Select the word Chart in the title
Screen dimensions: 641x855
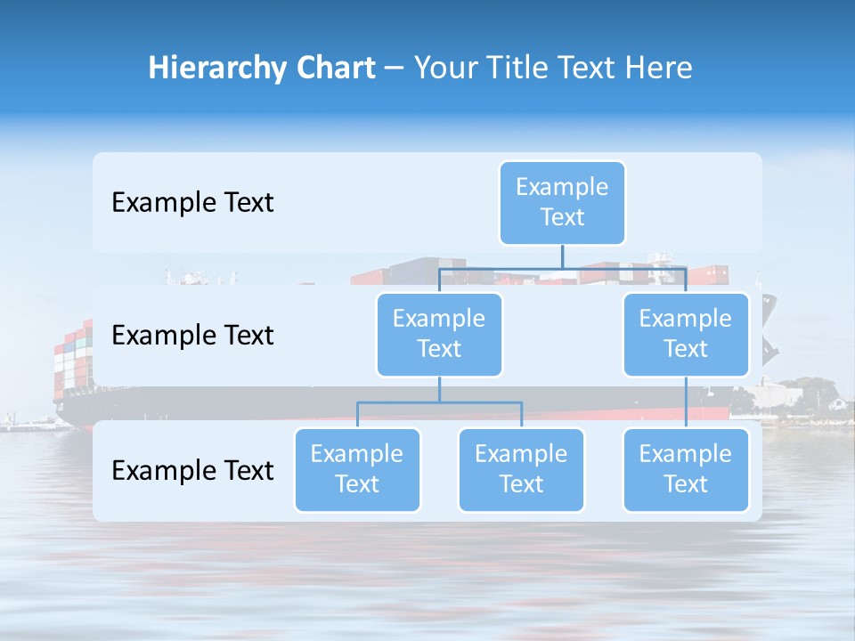(333, 69)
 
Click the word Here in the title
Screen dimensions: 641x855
(657, 69)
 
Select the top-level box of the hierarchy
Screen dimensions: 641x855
(562, 202)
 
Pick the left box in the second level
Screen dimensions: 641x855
(439, 334)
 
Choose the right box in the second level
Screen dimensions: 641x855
(686, 334)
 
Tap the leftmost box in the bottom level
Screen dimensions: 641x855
(357, 469)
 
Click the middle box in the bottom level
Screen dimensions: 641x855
(521, 469)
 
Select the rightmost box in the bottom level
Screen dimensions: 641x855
(686, 469)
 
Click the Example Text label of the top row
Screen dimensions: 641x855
(192, 203)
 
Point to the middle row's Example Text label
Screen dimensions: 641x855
(192, 336)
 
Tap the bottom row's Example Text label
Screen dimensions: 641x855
(192, 470)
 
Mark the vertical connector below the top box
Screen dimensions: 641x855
(562, 256)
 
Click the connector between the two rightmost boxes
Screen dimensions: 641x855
(686, 402)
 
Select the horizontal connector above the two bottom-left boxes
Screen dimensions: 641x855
(439, 402)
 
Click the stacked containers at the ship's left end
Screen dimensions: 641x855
(71, 356)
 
